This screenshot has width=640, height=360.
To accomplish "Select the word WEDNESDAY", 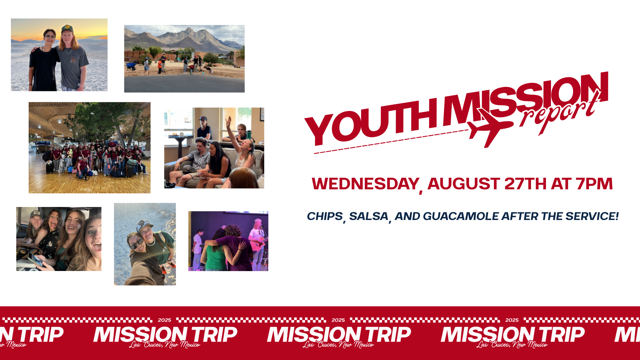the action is (x=365, y=184).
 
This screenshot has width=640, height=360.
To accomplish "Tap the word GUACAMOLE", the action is (x=461, y=216).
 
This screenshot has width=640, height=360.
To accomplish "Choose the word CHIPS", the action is (x=325, y=216).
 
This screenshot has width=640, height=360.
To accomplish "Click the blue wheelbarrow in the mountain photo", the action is (x=131, y=66).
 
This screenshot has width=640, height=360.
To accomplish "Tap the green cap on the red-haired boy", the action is (x=67, y=28).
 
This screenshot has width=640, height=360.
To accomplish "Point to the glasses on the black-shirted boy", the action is (x=50, y=37).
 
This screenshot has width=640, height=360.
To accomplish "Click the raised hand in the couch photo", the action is (x=229, y=121).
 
